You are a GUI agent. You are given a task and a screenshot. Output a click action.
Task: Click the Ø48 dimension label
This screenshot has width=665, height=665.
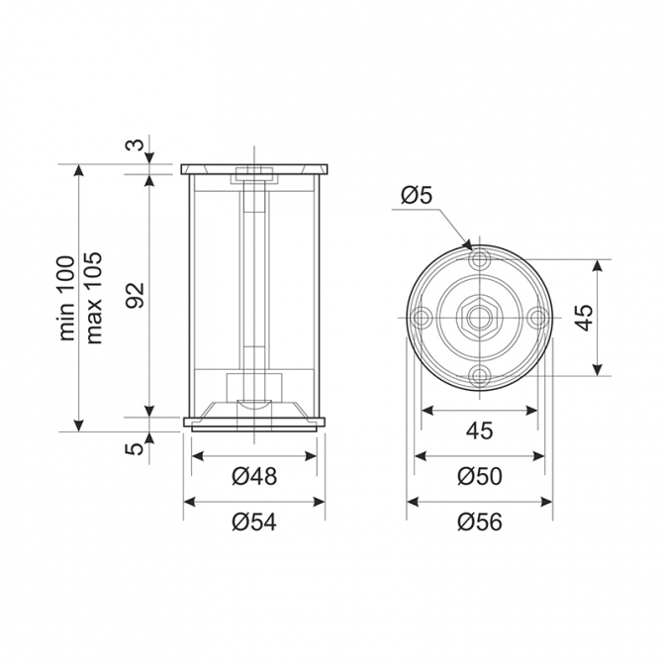tap(254, 476)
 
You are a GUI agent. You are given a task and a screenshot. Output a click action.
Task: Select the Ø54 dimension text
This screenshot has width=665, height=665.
tap(254, 522)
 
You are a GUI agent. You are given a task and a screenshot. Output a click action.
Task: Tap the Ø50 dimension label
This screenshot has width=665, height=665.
tap(480, 476)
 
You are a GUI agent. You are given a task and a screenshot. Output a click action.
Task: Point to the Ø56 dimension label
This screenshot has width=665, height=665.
tap(480, 522)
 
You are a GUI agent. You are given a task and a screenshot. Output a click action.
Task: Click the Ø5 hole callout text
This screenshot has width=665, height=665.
tap(417, 196)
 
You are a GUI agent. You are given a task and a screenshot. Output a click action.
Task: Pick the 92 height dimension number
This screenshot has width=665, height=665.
tap(137, 295)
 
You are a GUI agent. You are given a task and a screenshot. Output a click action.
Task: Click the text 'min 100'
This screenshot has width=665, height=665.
tap(67, 298)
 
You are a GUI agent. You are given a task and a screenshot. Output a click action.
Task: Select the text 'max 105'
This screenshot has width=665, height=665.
tap(93, 298)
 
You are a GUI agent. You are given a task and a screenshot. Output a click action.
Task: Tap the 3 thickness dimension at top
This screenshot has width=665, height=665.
tap(136, 144)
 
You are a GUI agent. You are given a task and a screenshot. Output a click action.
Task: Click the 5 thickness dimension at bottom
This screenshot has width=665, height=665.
tap(136, 448)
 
